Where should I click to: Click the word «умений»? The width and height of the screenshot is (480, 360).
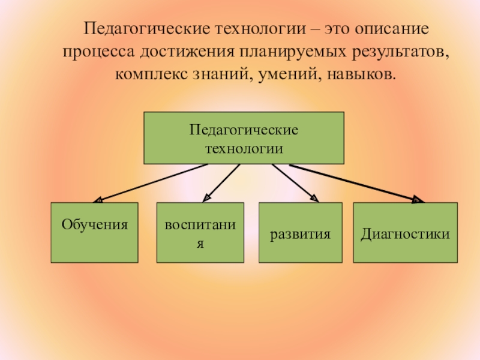click(275, 75)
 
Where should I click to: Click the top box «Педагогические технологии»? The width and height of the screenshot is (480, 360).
click(244, 137)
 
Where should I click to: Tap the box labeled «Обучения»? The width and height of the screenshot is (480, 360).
click(94, 233)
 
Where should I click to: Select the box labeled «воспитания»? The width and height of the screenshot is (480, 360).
click(200, 233)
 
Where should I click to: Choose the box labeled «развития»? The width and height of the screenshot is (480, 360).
click(301, 233)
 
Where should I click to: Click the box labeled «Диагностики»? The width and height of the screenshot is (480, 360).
click(405, 233)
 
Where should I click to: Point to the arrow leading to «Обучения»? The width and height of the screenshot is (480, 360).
click(150, 183)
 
